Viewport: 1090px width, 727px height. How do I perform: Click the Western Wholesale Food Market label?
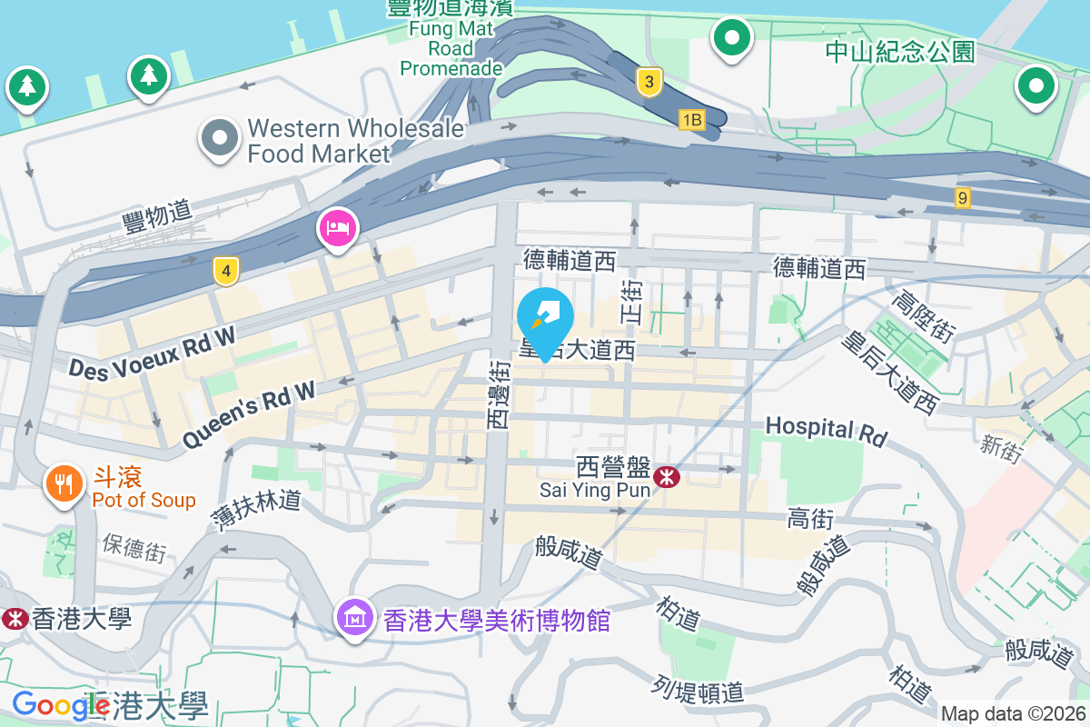(x=354, y=141)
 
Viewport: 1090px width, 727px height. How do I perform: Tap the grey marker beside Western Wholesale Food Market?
(x=219, y=138)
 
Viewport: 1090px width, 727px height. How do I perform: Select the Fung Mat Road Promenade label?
(x=451, y=48)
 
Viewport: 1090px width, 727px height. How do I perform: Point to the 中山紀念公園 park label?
(x=899, y=51)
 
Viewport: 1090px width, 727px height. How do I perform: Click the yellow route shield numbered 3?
(x=648, y=82)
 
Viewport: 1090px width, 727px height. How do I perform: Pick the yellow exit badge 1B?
(x=692, y=120)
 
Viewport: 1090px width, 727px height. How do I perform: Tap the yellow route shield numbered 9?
(x=963, y=196)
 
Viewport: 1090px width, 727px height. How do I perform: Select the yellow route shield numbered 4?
(x=226, y=270)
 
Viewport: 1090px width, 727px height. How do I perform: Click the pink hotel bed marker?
(x=338, y=225)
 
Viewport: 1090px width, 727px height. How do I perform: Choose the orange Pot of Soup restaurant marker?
(x=63, y=483)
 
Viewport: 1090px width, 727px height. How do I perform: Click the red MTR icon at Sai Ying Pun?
(x=668, y=475)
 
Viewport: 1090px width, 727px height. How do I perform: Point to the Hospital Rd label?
(x=825, y=430)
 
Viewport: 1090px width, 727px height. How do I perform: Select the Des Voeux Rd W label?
(x=152, y=353)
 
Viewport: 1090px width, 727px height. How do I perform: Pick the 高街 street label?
(x=810, y=519)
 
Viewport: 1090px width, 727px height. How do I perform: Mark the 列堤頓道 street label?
(x=699, y=690)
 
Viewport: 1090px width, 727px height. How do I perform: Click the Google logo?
(x=49, y=705)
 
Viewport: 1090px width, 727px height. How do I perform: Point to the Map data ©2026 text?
(x=1013, y=714)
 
